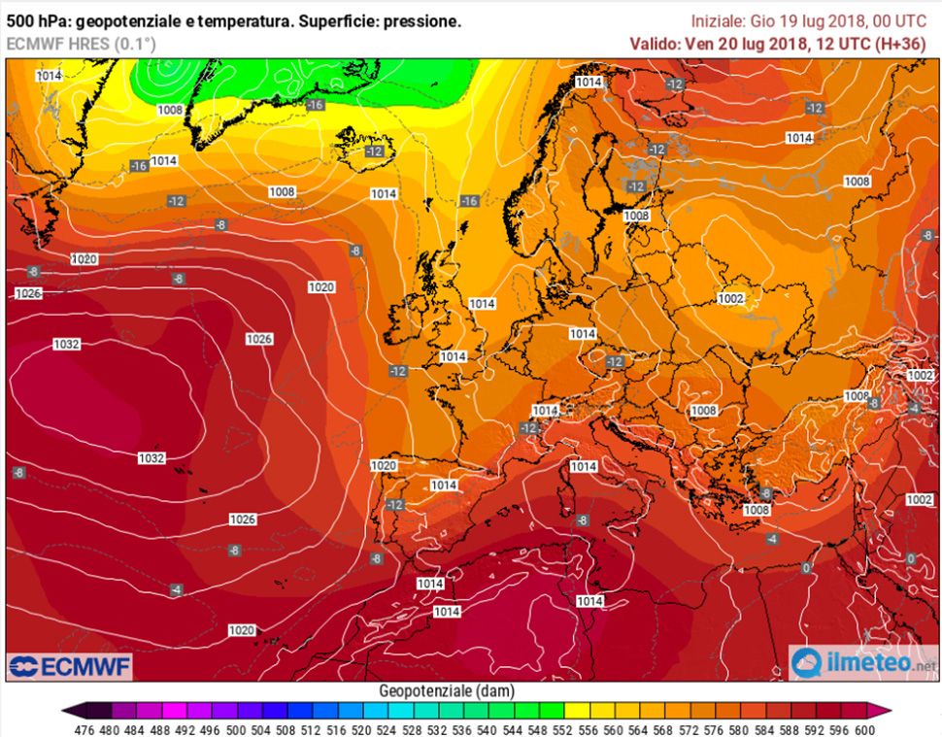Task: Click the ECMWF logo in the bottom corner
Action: pyautogui.click(x=69, y=666)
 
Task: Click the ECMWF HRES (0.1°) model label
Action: pyautogui.click(x=81, y=43)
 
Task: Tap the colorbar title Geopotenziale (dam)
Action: pyautogui.click(x=447, y=690)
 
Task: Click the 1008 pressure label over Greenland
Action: pyautogui.click(x=170, y=110)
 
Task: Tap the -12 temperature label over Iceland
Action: pyautogui.click(x=374, y=151)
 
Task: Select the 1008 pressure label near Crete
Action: pyautogui.click(x=755, y=510)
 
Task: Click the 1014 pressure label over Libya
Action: pyautogui.click(x=589, y=601)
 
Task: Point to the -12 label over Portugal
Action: pyautogui.click(x=394, y=505)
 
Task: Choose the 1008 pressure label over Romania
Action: pyautogui.click(x=703, y=411)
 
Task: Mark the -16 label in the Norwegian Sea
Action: pyautogui.click(x=469, y=201)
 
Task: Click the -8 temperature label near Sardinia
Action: pyautogui.click(x=582, y=520)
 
